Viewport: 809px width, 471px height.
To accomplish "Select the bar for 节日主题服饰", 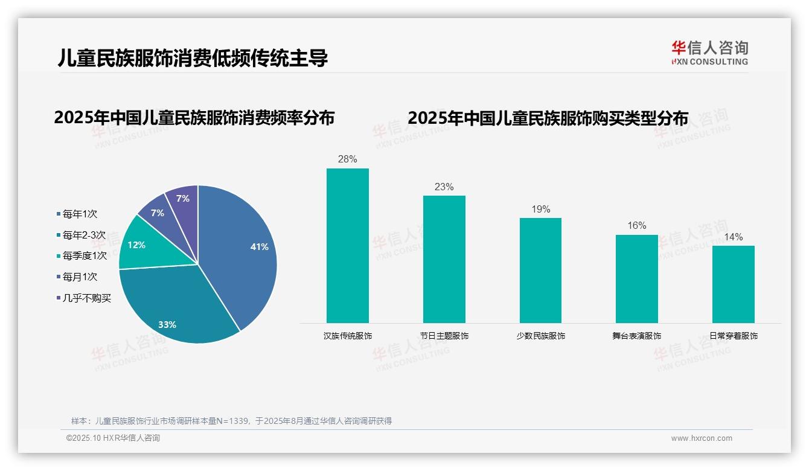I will pos(444,260).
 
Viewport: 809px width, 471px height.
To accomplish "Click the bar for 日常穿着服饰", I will pos(733,284).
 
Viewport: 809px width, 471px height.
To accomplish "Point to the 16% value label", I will pos(636,226).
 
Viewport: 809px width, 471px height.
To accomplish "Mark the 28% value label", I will pos(347,159).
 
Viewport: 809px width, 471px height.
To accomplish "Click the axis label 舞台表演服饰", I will pos(636,336).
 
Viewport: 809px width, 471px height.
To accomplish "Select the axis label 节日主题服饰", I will pos(444,336).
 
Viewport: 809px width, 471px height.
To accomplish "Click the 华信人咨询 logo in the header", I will pos(709,53).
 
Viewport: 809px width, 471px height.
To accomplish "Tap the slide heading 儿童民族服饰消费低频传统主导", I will pos(193,58).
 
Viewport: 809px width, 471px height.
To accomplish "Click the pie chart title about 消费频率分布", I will pos(194,118).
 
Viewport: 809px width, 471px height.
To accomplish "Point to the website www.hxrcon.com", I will pos(702,438).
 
